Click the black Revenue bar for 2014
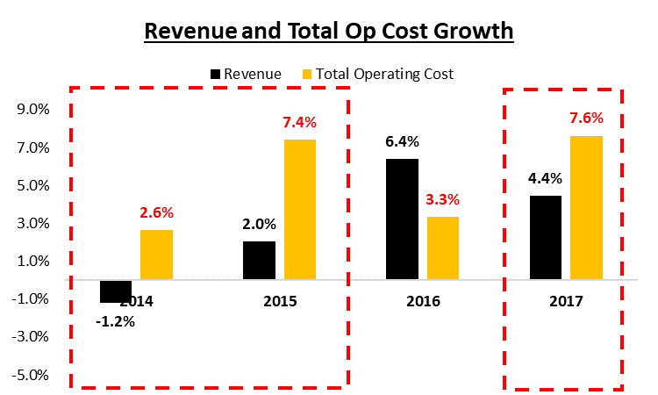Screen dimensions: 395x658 tap(116, 291)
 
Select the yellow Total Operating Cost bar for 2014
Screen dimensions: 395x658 tap(157, 255)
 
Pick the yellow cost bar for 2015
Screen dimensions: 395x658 tap(299, 209)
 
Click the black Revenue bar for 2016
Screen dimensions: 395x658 tap(401, 219)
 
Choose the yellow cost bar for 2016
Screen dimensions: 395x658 tap(442, 248)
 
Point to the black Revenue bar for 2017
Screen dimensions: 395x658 tap(545, 238)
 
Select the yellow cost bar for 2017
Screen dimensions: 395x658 tap(586, 207)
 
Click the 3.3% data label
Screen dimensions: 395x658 tap(442, 199)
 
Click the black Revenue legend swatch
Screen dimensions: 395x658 tap(215, 74)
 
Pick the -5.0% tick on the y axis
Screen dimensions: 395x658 tap(32, 375)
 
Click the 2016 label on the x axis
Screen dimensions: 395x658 tap(422, 301)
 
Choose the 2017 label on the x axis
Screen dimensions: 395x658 tap(565, 301)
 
